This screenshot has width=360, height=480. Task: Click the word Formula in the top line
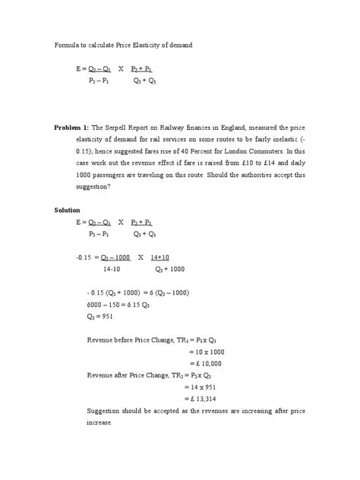coord(67,46)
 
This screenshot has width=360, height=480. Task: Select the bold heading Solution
coord(68,210)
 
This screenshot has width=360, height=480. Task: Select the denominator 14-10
coord(112,268)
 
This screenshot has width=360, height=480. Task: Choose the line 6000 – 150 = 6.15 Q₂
coord(125,304)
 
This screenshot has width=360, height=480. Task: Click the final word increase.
coord(99,423)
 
